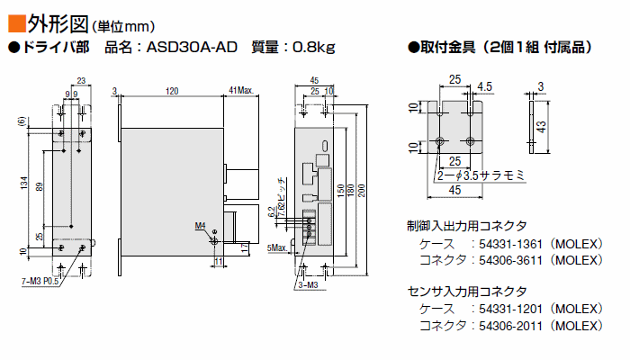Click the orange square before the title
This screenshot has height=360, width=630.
(x=17, y=23)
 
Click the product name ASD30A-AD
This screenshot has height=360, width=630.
(x=192, y=48)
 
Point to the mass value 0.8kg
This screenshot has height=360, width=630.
(x=313, y=48)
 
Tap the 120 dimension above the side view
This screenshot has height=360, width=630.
(x=172, y=91)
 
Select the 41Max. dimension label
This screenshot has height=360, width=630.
(x=241, y=90)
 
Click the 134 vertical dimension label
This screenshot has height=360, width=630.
(x=24, y=183)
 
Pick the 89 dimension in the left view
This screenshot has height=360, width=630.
(x=40, y=187)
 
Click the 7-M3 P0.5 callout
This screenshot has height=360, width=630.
(x=40, y=282)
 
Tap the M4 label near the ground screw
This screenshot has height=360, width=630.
(x=200, y=226)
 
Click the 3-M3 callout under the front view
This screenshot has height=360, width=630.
(x=308, y=285)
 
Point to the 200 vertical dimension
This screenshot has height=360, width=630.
(x=362, y=191)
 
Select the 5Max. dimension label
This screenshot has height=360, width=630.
(x=277, y=247)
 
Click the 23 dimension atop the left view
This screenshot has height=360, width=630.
(x=81, y=81)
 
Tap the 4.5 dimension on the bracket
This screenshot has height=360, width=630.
(x=484, y=86)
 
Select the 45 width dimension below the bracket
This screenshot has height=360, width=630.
(x=454, y=190)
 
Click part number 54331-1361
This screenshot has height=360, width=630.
(x=510, y=244)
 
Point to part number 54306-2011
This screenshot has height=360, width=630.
(x=510, y=326)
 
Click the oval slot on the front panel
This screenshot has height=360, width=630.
(x=325, y=146)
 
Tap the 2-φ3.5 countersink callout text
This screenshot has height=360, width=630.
(x=481, y=175)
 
